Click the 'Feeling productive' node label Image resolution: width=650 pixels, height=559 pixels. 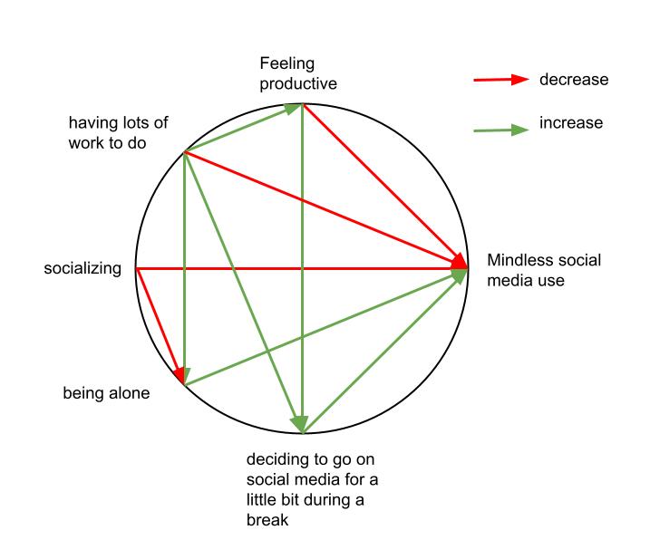(x=298, y=73)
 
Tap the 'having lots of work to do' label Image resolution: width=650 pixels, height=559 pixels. (x=118, y=132)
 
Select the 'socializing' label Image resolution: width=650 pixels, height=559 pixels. (x=82, y=268)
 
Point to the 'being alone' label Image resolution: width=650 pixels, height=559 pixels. (x=106, y=393)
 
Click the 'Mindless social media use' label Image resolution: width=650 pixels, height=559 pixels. (x=544, y=270)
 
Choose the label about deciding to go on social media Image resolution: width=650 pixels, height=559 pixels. (x=312, y=489)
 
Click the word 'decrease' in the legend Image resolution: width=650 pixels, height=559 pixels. (x=574, y=79)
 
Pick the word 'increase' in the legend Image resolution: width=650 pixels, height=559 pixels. (x=571, y=122)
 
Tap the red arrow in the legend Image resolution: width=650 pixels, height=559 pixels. (x=501, y=80)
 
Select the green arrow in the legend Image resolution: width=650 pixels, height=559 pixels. (x=501, y=130)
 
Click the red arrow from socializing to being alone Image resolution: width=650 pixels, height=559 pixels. (x=160, y=325)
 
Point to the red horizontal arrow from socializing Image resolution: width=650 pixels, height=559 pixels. (x=302, y=268)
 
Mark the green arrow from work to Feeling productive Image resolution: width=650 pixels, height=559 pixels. (x=243, y=128)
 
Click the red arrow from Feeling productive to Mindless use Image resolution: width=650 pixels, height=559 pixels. (x=385, y=186)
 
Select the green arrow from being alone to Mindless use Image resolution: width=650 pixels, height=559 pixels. (x=325, y=327)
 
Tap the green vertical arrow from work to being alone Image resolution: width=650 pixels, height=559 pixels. (x=184, y=268)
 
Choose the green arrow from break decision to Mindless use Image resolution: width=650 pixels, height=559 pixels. (x=385, y=351)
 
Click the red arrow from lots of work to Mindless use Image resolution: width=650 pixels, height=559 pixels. (x=325, y=210)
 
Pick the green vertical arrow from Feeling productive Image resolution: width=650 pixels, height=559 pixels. (x=302, y=268)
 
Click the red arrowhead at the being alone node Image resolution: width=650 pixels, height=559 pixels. (x=179, y=374)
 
